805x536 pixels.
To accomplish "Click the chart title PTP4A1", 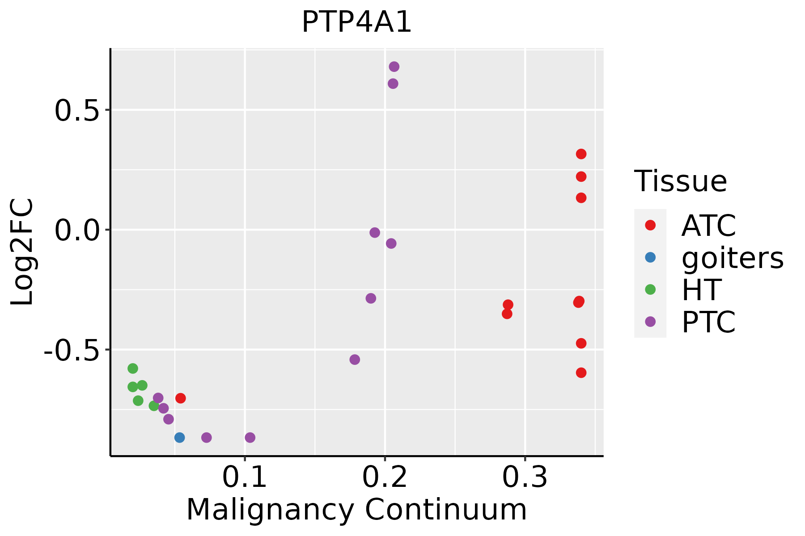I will pyautogui.click(x=356, y=22).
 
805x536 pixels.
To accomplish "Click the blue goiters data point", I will pyautogui.click(x=179, y=437).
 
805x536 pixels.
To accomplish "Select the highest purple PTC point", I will pyautogui.click(x=394, y=67).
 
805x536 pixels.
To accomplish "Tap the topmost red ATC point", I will pyautogui.click(x=581, y=154).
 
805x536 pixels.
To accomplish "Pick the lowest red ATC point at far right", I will pyautogui.click(x=581, y=373).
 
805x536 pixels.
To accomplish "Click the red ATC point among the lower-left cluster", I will pyautogui.click(x=181, y=398).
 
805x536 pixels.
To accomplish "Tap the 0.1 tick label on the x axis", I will pyautogui.click(x=245, y=477).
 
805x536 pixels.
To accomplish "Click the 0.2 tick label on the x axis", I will pyautogui.click(x=385, y=477).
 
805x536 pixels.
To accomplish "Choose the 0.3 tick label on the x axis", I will pyautogui.click(x=525, y=477).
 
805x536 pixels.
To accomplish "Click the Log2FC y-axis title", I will pyautogui.click(x=22, y=252).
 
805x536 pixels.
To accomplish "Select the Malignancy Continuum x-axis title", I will pyautogui.click(x=356, y=510).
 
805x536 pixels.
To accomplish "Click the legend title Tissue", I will pyautogui.click(x=681, y=181).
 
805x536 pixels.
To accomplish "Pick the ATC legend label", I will pyautogui.click(x=708, y=226).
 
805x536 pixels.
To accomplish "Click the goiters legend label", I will pyautogui.click(x=733, y=258).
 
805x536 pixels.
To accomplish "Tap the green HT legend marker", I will pyautogui.click(x=650, y=289).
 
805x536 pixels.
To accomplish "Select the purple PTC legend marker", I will pyautogui.click(x=650, y=322).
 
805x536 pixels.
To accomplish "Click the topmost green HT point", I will pyautogui.click(x=133, y=368).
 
